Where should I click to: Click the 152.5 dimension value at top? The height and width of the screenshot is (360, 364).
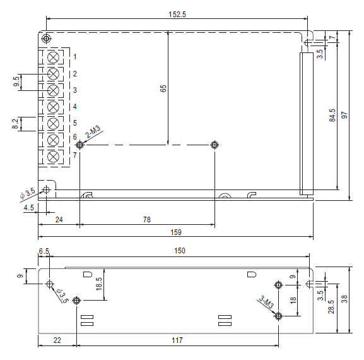[177, 15]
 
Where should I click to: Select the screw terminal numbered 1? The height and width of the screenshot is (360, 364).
[53, 57]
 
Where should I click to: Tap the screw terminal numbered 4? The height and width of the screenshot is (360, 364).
[53, 107]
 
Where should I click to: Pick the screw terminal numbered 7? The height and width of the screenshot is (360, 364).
[53, 157]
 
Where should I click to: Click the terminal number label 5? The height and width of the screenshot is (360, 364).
[74, 123]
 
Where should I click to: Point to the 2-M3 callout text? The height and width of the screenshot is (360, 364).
[93, 131]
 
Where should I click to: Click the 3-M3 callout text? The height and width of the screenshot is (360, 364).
[266, 302]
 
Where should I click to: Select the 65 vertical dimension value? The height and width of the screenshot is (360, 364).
[163, 88]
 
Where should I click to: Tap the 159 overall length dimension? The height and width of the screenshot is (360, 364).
[176, 232]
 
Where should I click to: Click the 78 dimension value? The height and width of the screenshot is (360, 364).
[147, 220]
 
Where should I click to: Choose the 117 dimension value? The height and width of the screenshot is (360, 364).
[177, 340]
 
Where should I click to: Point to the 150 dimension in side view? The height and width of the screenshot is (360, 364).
[180, 251]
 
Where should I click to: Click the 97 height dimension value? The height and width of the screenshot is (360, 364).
[344, 115]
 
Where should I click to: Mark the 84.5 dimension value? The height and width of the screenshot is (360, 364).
[332, 115]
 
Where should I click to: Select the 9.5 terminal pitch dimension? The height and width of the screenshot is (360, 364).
[16, 81]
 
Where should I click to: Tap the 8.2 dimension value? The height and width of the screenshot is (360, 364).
[15, 124]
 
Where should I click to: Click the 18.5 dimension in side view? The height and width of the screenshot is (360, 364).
[99, 284]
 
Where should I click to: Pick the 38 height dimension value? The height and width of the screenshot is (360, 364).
[344, 299]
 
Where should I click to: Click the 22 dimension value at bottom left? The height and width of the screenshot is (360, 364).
[57, 340]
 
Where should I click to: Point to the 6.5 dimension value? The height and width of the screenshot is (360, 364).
[44, 251]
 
